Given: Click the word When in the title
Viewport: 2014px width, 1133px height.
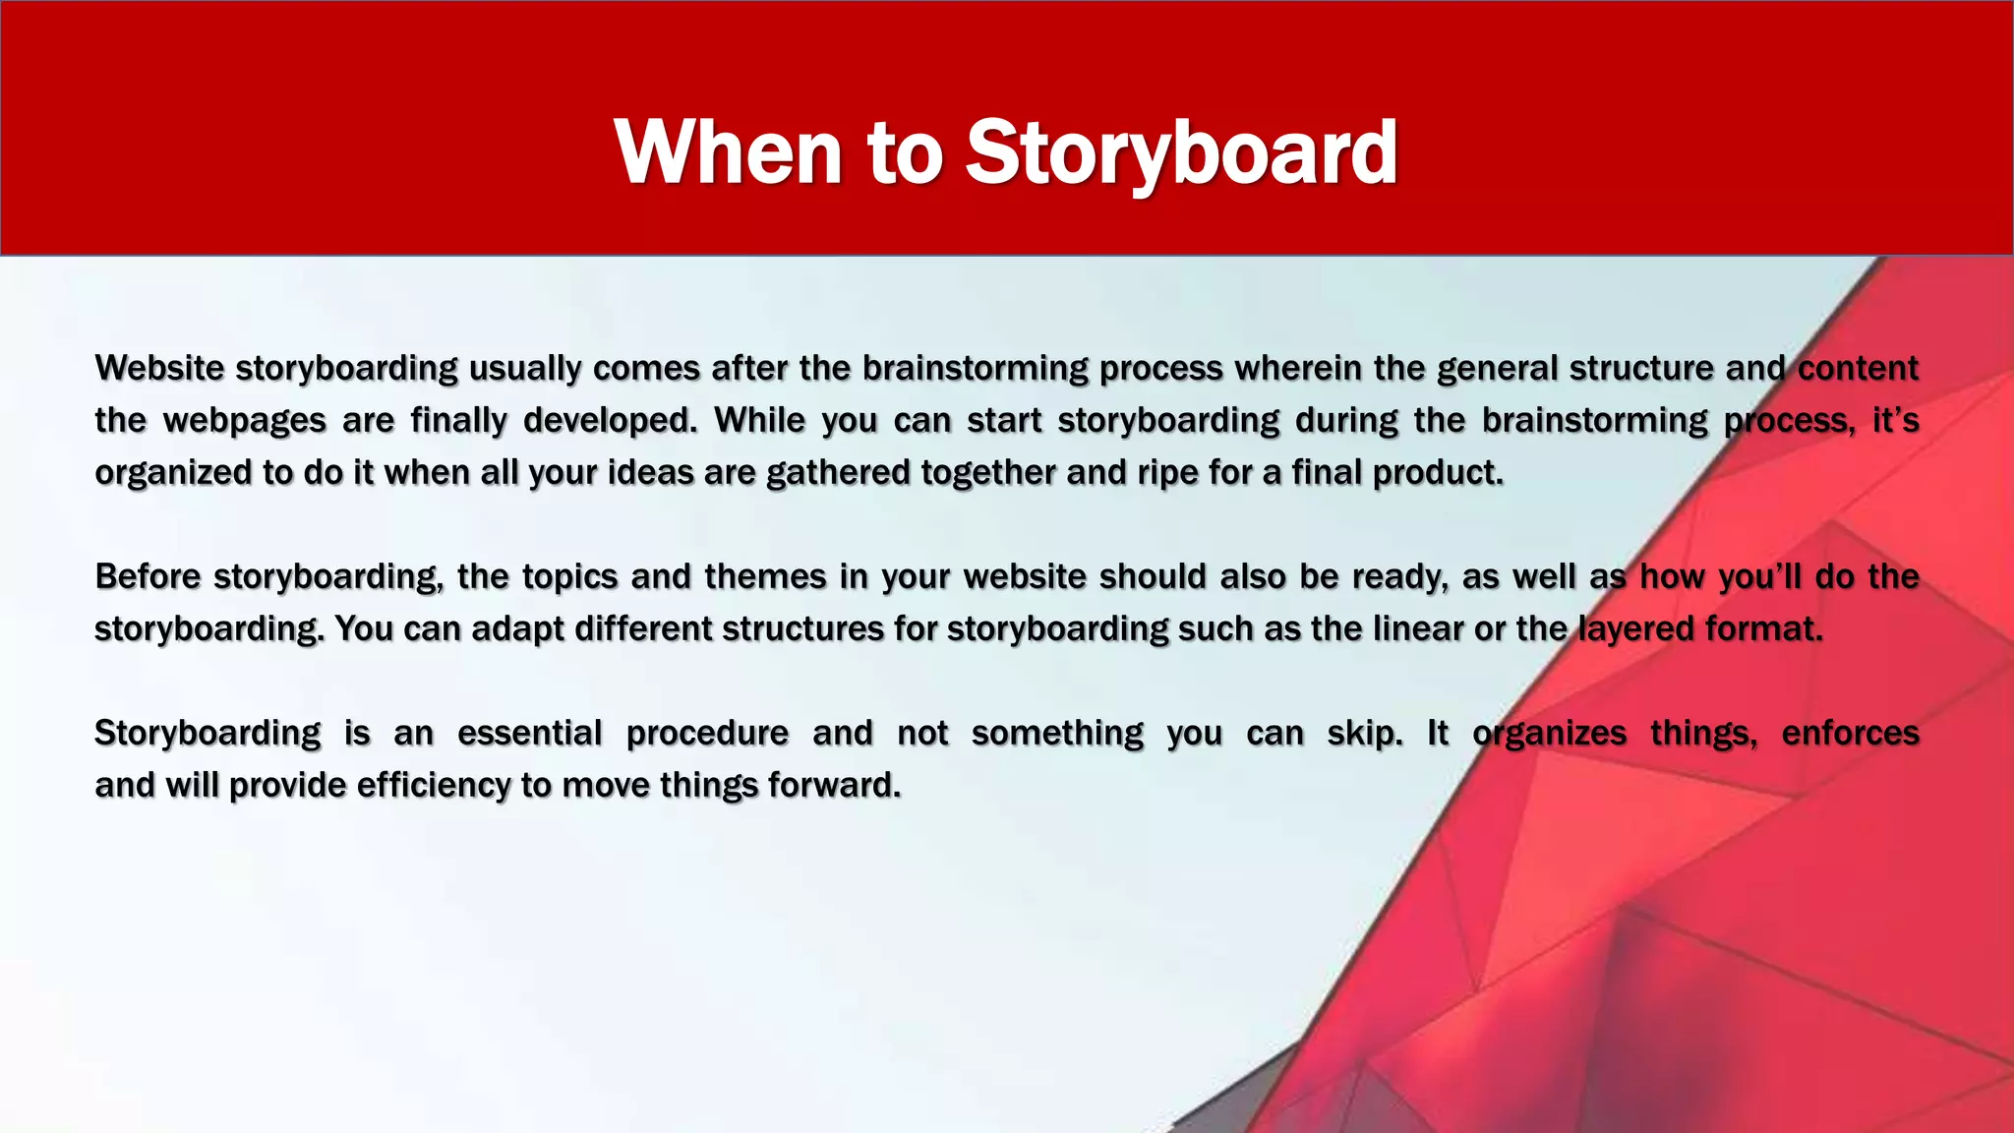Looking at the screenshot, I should (x=729, y=152).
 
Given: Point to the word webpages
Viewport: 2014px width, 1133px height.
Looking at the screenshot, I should (x=244, y=421).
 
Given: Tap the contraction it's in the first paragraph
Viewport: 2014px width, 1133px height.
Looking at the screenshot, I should (x=1895, y=421).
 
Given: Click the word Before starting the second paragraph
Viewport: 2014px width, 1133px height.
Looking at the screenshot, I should (x=148, y=576).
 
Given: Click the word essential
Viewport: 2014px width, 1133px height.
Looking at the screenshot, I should (x=529, y=734).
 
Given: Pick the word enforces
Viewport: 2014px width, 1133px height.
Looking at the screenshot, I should (x=1850, y=734).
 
